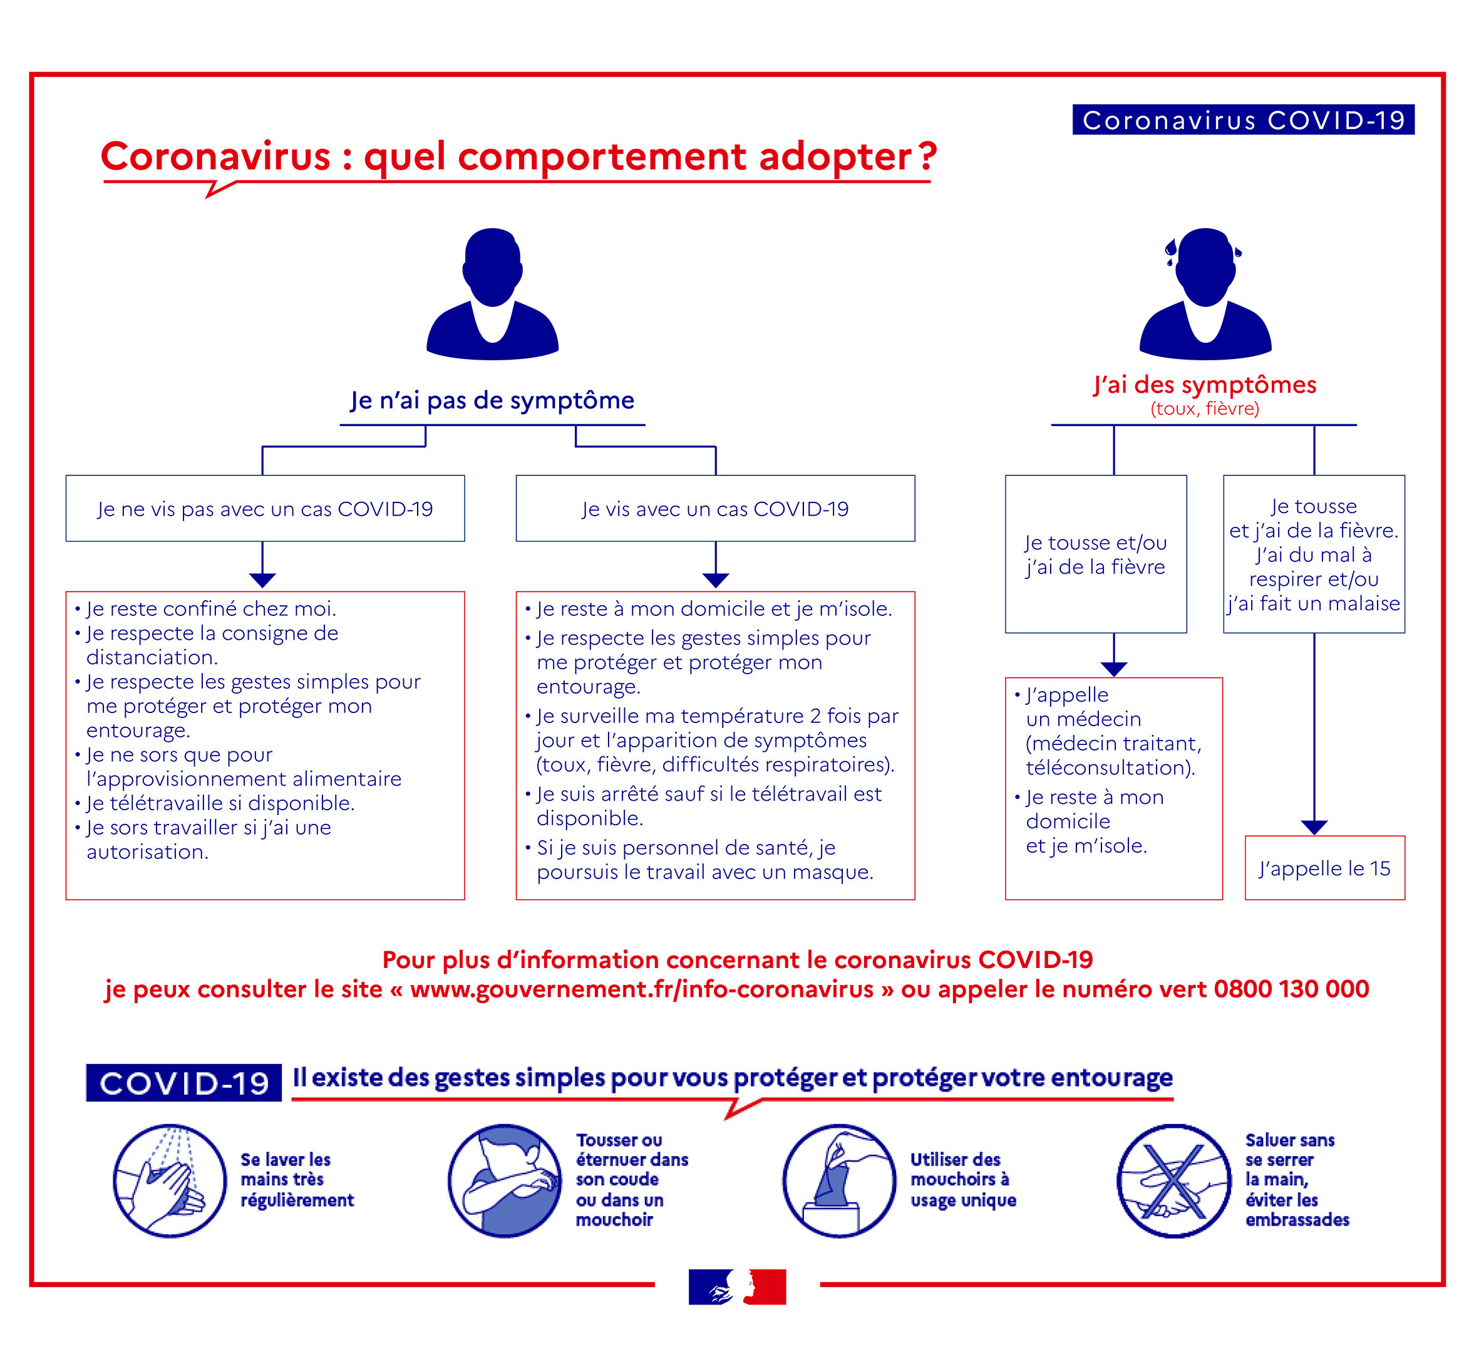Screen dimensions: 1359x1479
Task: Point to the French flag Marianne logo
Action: pos(737,1286)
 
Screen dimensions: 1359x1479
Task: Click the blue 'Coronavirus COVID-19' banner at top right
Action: pos(1242,120)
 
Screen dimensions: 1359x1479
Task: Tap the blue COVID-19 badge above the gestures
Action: pos(183,1083)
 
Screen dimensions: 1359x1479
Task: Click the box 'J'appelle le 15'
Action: pos(1324,868)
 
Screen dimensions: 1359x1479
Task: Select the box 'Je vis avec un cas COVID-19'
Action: pos(715,509)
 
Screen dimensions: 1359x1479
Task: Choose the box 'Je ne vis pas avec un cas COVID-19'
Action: pos(265,509)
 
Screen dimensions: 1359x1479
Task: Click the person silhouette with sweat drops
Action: pos(1205,294)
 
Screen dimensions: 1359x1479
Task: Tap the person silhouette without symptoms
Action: pos(493,294)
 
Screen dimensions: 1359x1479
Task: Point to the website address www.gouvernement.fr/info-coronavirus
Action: pos(642,989)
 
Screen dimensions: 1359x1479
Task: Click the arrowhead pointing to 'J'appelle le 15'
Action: pos(1314,826)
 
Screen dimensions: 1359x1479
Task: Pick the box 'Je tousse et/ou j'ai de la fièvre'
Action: pos(1095,554)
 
